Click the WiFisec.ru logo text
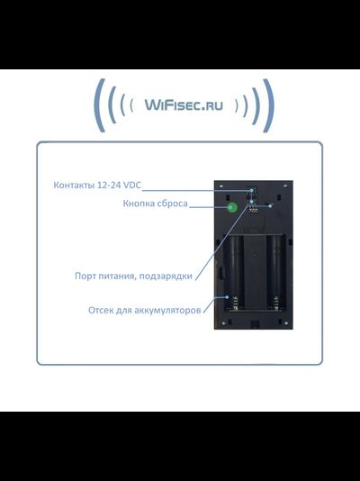coord(184,105)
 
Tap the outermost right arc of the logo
coord(267,105)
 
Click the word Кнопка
coord(139,204)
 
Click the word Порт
coord(86,276)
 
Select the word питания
coord(121,276)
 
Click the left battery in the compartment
coord(236,270)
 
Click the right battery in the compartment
coord(274,270)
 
